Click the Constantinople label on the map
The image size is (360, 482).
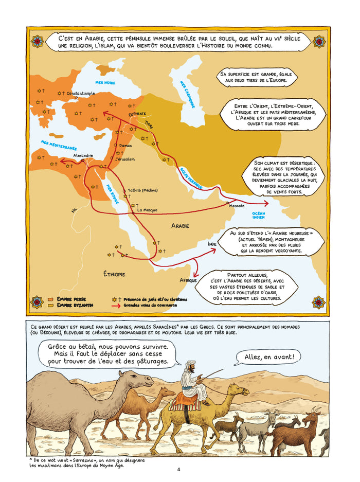pyautogui.click(x=81, y=93)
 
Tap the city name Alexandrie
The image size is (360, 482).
pyautogui.click(x=83, y=155)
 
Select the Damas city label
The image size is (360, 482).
pyautogui.click(x=125, y=146)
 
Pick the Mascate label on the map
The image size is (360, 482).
pyautogui.click(x=237, y=206)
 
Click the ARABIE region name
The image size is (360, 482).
pyautogui.click(x=180, y=226)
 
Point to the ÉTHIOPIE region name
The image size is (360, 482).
pyautogui.click(x=114, y=274)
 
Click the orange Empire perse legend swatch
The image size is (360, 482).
pyautogui.click(x=51, y=299)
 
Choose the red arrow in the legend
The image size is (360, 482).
pyautogui.click(x=116, y=305)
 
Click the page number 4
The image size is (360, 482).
pyautogui.click(x=178, y=469)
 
